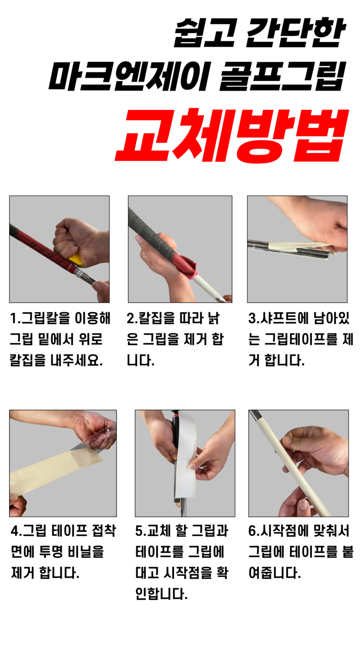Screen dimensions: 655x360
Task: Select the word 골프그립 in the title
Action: click(282, 77)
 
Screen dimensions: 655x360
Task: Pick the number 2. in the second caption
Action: click(132, 319)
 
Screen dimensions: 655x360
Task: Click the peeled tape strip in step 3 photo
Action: click(293, 247)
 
